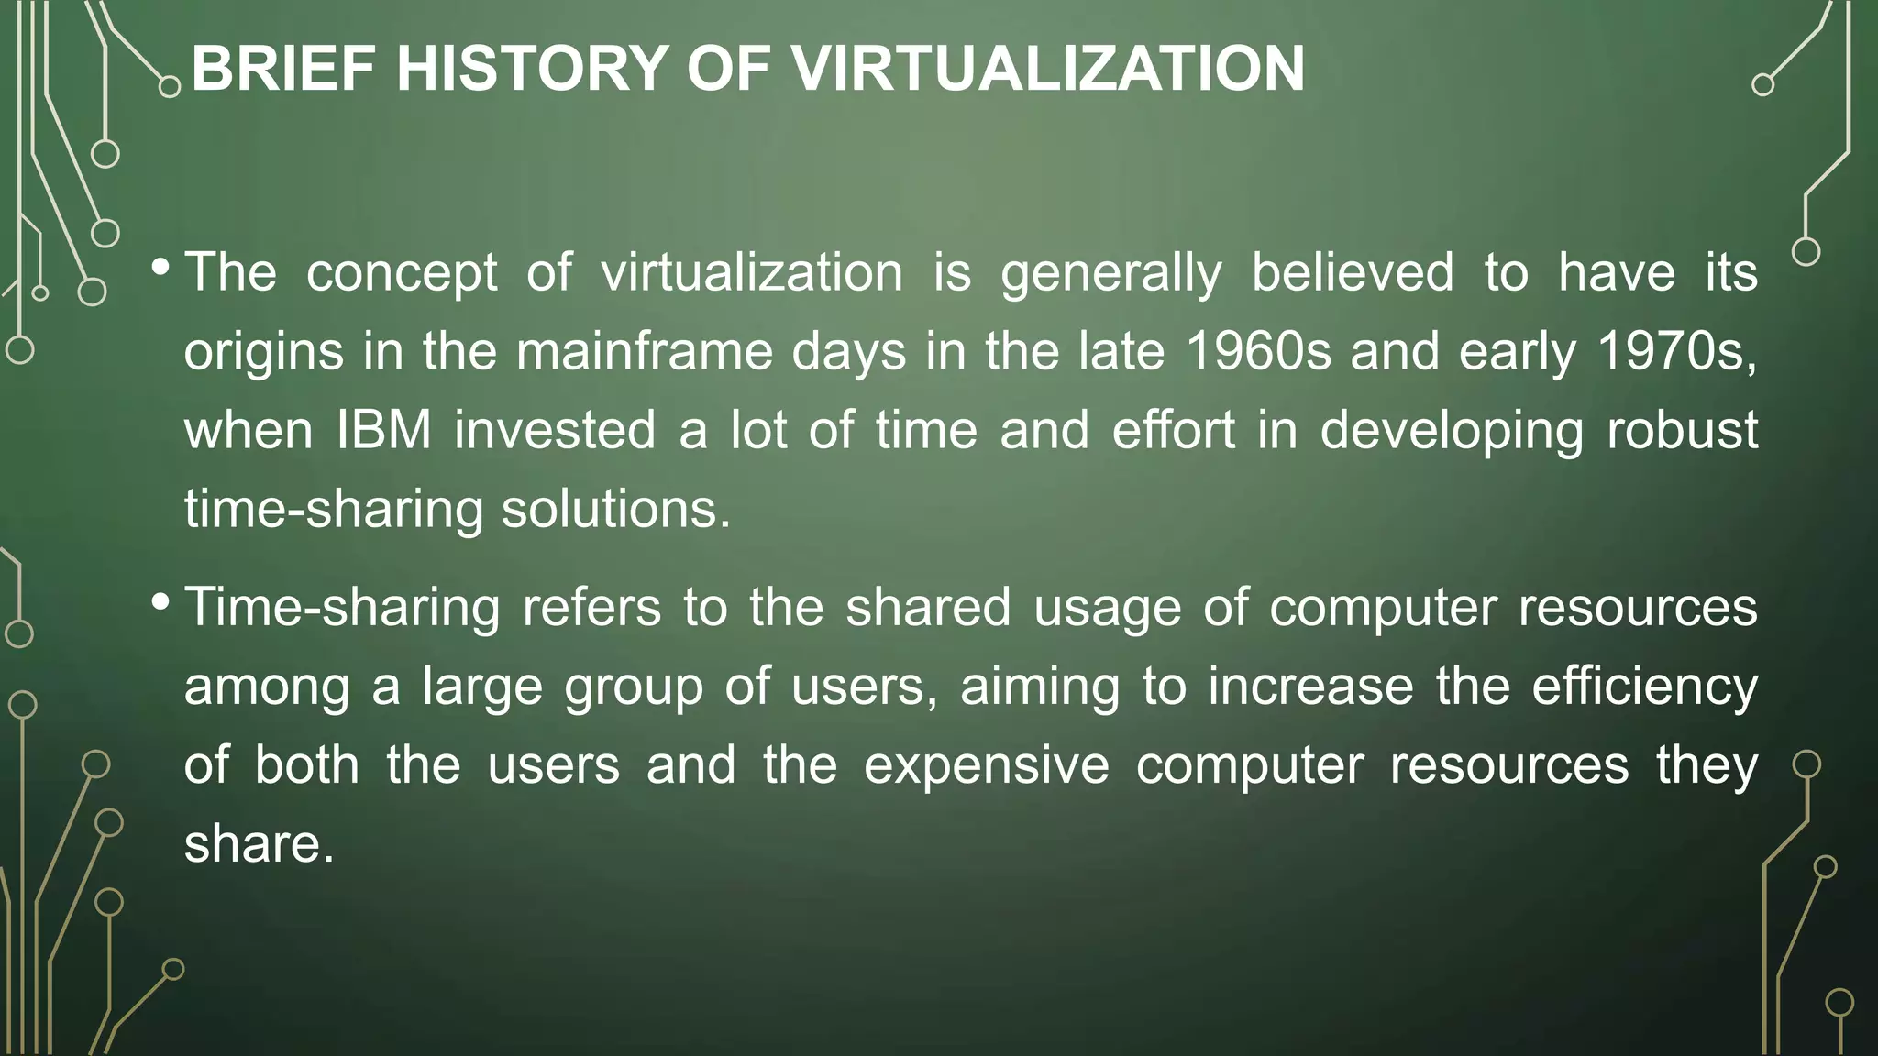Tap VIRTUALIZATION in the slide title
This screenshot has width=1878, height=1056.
click(1047, 70)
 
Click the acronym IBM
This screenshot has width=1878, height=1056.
click(384, 430)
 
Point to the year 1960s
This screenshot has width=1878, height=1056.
click(1258, 351)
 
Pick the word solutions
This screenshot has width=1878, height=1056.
click(615, 509)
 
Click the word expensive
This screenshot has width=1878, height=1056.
click(986, 764)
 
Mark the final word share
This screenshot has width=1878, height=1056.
click(259, 843)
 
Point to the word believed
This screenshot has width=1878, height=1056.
click(1353, 272)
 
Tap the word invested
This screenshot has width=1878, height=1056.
click(555, 430)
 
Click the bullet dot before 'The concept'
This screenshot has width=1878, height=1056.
click(160, 268)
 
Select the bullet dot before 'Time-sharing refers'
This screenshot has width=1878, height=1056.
click(160, 602)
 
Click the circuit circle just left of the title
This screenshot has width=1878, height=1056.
click(170, 87)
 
